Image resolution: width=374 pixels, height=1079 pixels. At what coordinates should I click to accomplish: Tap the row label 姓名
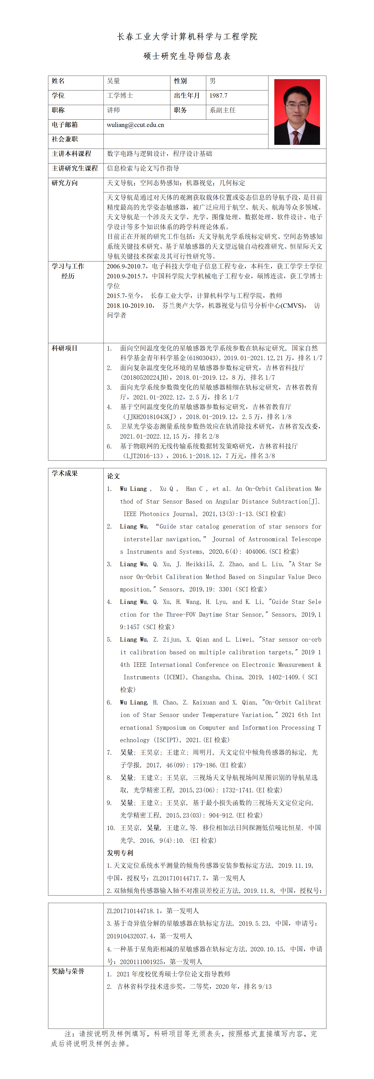point(58,81)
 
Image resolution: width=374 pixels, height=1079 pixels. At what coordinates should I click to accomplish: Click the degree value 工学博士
point(120,95)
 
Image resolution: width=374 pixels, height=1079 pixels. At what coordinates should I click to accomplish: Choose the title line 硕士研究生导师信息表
point(187,56)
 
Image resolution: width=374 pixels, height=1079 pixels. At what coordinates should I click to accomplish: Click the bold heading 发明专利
point(120,853)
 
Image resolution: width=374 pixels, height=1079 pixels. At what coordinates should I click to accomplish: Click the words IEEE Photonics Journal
point(159,514)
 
